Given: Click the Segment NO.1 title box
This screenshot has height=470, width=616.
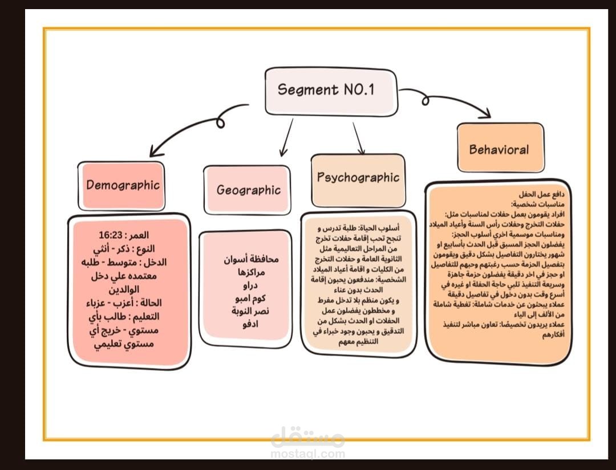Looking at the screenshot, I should (x=330, y=89).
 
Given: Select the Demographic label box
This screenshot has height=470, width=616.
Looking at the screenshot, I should (x=123, y=185).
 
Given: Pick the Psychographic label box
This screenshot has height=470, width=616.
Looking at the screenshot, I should (x=358, y=177).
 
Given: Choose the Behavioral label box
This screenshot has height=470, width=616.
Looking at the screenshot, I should (x=499, y=149).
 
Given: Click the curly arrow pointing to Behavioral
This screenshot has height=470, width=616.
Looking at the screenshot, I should (x=451, y=101).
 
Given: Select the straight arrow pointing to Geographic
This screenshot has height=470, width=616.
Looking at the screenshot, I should (x=286, y=137).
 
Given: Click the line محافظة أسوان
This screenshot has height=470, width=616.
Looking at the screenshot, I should (x=252, y=259).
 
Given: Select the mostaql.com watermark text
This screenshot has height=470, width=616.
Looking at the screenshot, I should (x=308, y=454).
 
